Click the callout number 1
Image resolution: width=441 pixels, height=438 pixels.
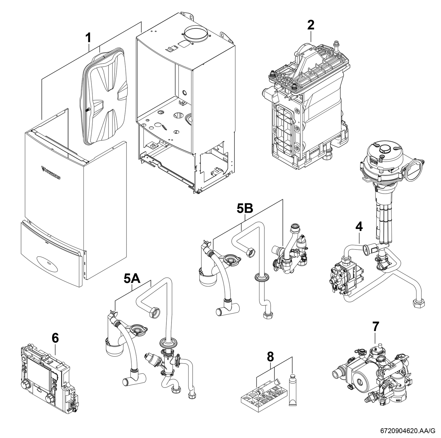pyautogui.click(x=88, y=38)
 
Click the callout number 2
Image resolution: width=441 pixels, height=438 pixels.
pyautogui.click(x=311, y=25)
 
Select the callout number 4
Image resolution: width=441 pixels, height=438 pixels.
pyautogui.click(x=359, y=227)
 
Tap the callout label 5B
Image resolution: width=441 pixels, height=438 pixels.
pyautogui.click(x=245, y=209)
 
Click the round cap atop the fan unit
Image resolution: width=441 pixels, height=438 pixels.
pyautogui.click(x=385, y=149)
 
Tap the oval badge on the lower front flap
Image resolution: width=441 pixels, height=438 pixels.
pyautogui.click(x=47, y=263)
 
